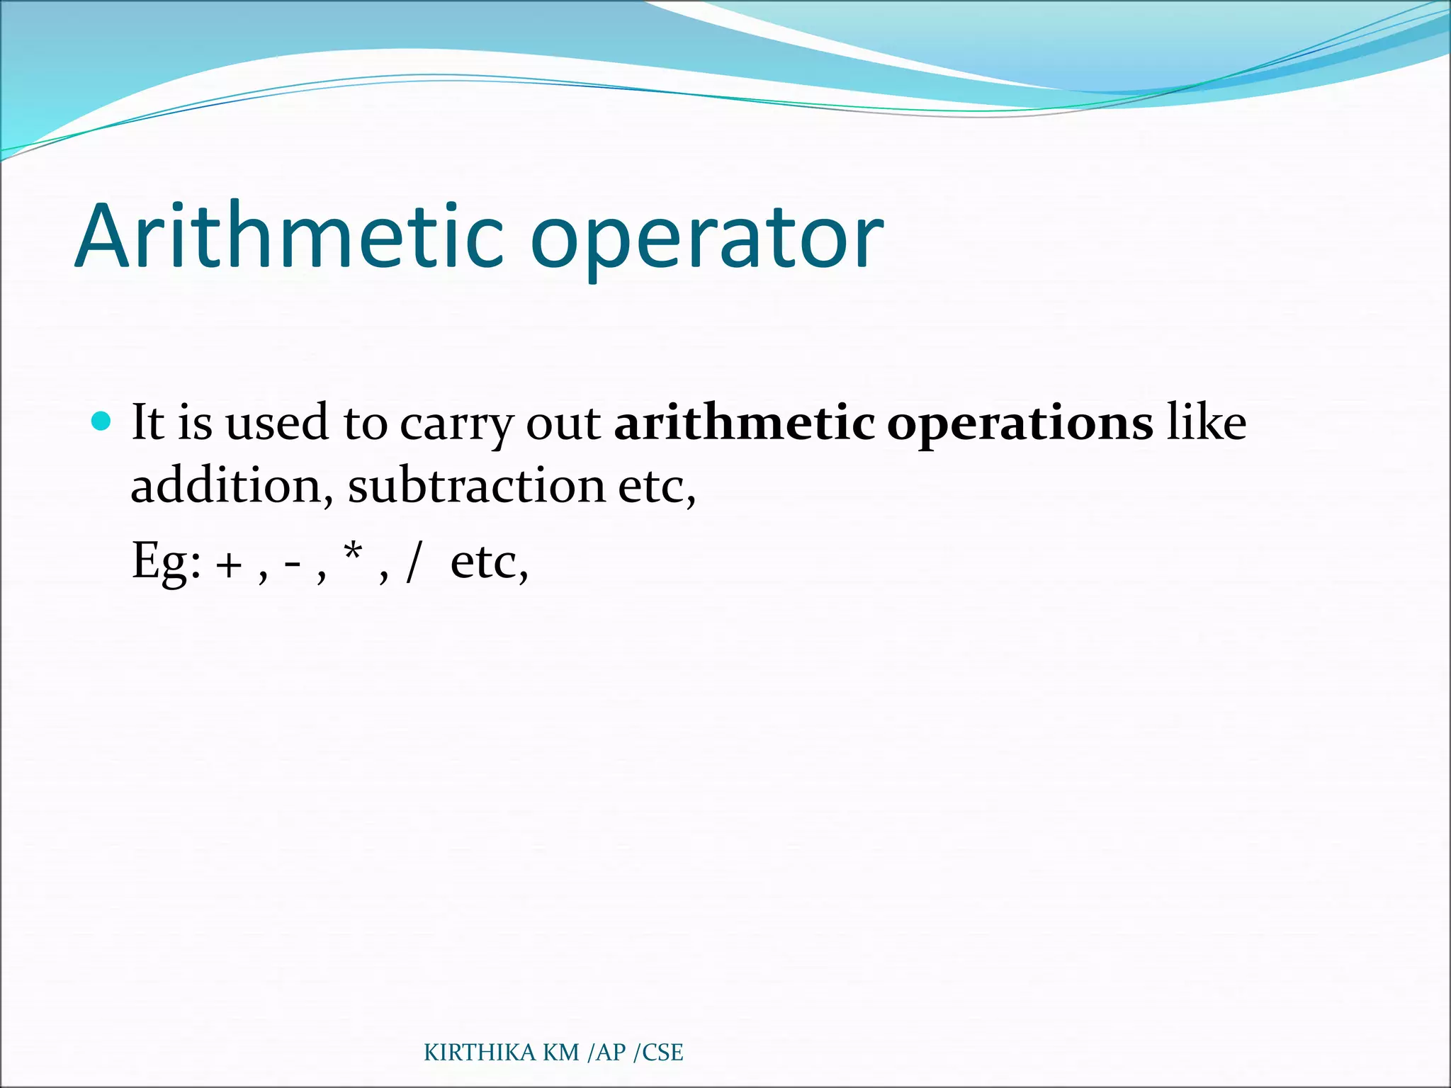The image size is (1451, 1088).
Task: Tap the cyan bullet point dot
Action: (102, 421)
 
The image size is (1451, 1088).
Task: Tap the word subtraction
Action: (476, 487)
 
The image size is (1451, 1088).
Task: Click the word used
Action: (277, 423)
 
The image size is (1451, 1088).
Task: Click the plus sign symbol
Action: (230, 565)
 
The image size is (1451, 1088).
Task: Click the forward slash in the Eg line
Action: (414, 562)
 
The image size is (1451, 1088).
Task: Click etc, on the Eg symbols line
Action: (489, 562)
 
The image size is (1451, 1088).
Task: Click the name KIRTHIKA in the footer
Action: (480, 1053)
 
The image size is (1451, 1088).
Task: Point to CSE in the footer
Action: (662, 1053)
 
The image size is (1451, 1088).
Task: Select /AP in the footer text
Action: (607, 1053)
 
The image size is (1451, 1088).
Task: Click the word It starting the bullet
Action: (147, 423)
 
